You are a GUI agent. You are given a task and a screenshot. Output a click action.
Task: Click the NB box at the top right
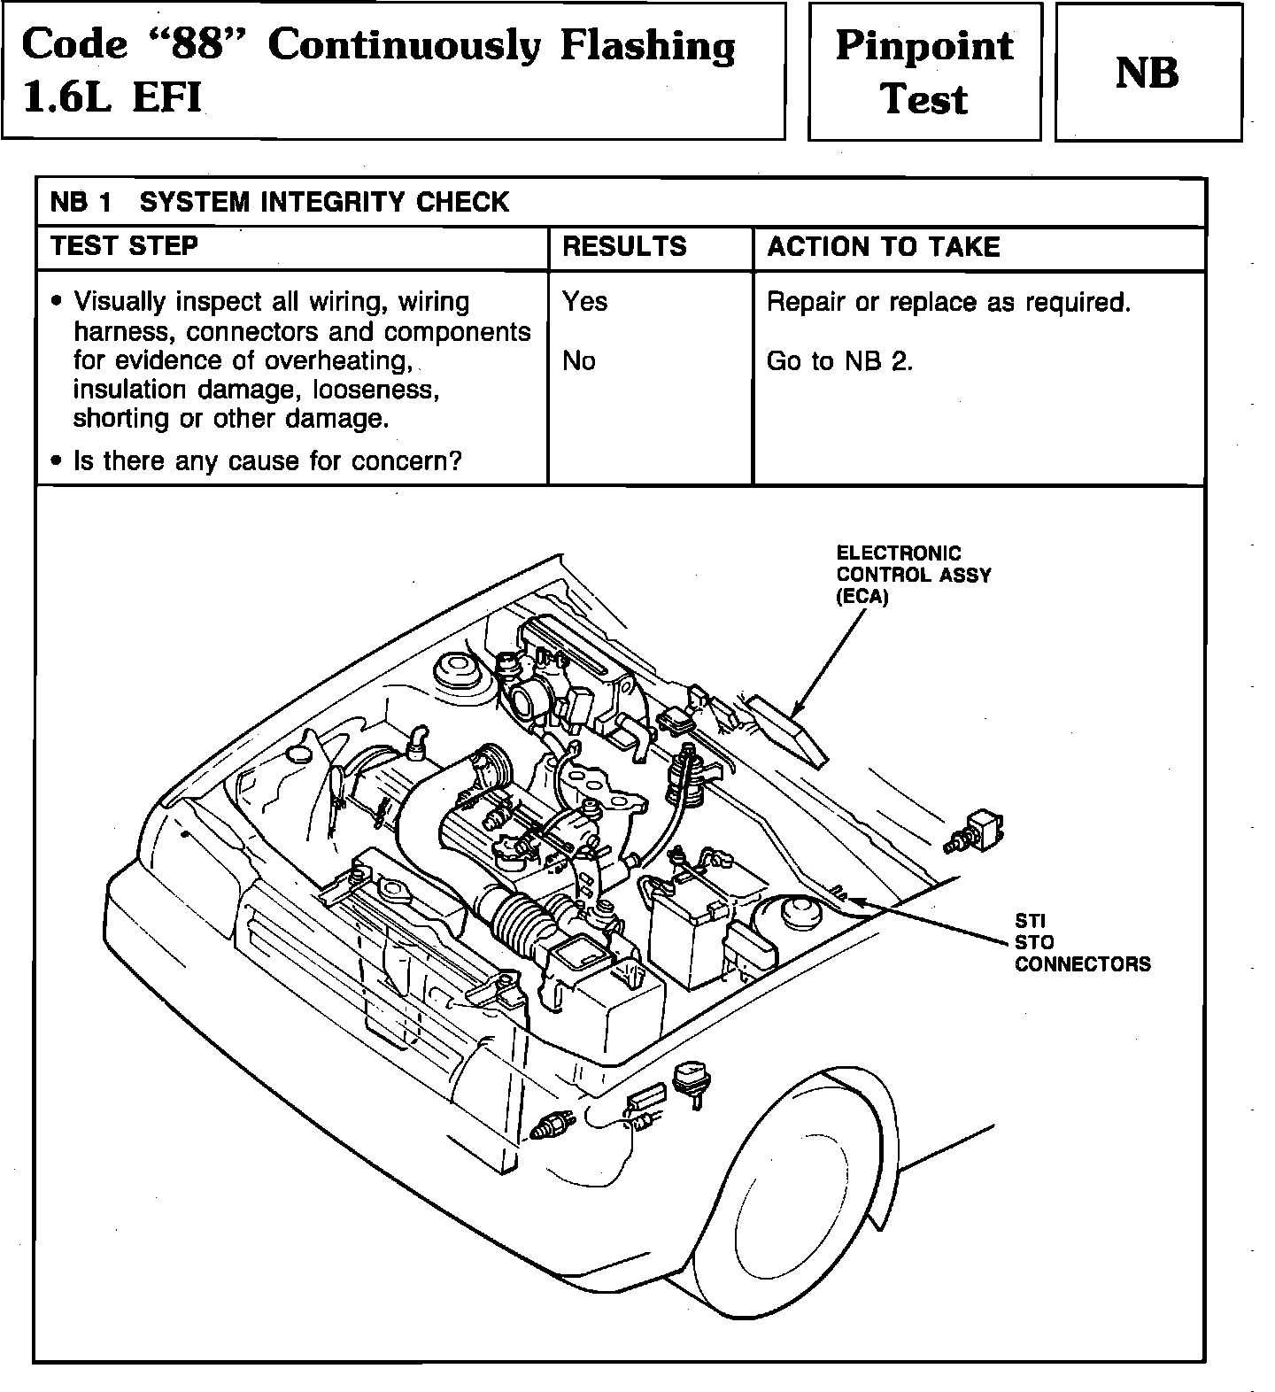[x=1147, y=72]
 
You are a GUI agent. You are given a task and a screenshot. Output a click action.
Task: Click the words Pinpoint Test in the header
[x=924, y=72]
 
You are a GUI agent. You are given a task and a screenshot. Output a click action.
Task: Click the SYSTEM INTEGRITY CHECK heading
[x=324, y=202]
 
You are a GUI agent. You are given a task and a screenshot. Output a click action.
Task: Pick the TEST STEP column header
[x=124, y=245]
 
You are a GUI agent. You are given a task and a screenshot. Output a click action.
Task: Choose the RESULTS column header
[x=624, y=246]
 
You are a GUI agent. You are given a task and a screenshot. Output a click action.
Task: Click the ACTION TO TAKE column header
[x=883, y=246]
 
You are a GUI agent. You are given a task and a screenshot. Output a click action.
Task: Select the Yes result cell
[x=584, y=302]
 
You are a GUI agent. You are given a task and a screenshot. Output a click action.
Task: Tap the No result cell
[x=579, y=361]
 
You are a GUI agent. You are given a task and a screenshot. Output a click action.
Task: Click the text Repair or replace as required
[x=948, y=303]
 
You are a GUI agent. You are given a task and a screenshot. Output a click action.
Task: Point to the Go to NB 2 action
[x=839, y=361]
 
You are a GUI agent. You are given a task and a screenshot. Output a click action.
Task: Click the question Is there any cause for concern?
[x=267, y=461]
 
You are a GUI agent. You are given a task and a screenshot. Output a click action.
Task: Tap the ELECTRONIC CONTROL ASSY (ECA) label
[x=912, y=574]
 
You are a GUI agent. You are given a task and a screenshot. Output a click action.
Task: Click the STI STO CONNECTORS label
[x=1082, y=942]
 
